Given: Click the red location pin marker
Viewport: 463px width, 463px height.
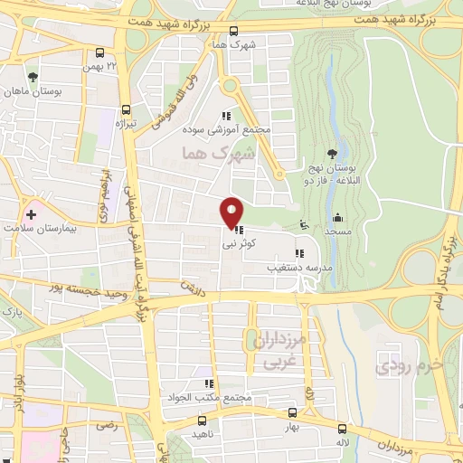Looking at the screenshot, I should [232, 213].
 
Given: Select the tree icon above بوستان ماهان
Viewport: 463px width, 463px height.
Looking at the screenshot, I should [34, 76].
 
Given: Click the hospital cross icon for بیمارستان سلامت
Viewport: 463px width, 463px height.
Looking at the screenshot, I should [32, 214].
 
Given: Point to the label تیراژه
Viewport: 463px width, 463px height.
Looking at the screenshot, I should [130, 122].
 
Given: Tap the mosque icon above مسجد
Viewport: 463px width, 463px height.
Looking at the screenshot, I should [338, 217].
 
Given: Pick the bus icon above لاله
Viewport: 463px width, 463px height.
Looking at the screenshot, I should [342, 428].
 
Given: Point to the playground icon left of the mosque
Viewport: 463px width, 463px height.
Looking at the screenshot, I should [302, 225].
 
